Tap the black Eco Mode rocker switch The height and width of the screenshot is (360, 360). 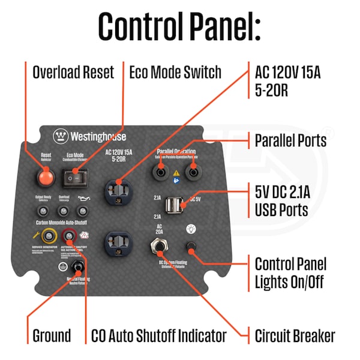(75, 176)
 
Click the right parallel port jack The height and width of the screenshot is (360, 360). (193, 172)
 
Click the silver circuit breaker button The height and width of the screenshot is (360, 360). (160, 246)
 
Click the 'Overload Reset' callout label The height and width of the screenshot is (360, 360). (73, 73)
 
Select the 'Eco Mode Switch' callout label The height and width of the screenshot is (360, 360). (175, 73)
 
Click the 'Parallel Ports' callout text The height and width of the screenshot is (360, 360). (290, 140)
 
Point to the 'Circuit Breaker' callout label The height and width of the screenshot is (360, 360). (295, 335)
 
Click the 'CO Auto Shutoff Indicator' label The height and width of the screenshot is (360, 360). (158, 335)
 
